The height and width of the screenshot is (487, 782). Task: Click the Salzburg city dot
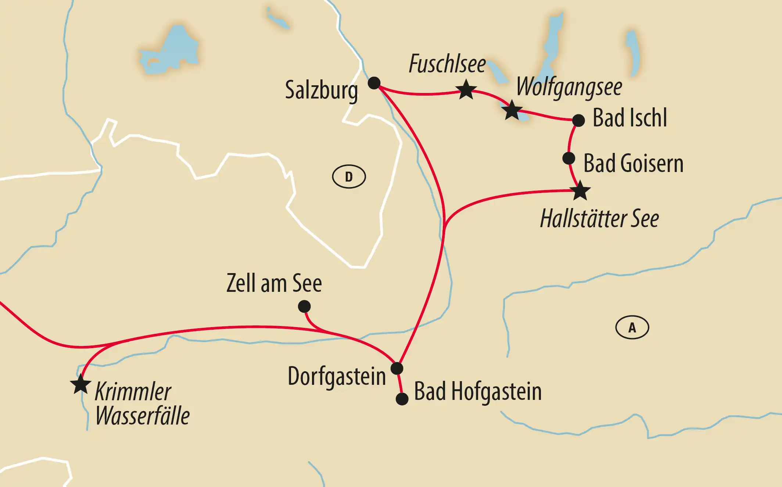coord(374,83)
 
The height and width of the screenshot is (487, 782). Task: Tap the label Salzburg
coord(321,90)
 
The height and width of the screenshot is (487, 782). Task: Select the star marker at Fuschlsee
coord(466,89)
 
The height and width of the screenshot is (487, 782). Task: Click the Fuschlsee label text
coord(447,64)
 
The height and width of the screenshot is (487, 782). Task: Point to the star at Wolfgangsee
coord(512,110)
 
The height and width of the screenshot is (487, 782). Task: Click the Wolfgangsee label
coord(569,87)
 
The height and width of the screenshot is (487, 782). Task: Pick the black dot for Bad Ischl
coord(578,120)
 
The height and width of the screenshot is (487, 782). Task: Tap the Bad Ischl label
coord(629,118)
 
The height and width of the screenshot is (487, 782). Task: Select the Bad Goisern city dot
coord(568,158)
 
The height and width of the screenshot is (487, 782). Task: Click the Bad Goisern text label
coord(633,164)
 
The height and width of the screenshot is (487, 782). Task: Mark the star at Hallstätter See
coord(580,191)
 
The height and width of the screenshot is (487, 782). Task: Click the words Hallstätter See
coord(599,219)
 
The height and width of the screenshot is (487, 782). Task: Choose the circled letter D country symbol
coord(349,177)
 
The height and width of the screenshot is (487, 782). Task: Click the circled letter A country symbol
coord(632,327)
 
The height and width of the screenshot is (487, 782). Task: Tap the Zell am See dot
coord(304,306)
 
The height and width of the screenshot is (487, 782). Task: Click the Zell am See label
coord(274,283)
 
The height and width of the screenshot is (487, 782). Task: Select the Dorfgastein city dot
coord(397,368)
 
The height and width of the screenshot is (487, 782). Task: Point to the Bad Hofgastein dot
coord(402,399)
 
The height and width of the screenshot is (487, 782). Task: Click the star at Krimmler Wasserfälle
coord(80,384)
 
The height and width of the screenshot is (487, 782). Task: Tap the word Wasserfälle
coord(143,416)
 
